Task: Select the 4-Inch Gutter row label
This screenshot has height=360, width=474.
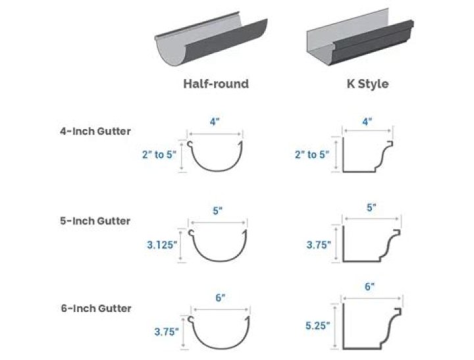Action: [x=95, y=131]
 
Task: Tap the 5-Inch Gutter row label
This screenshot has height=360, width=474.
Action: [x=95, y=220]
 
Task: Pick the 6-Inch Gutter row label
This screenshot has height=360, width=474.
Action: [x=95, y=308]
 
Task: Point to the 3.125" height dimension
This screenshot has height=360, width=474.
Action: [x=161, y=245]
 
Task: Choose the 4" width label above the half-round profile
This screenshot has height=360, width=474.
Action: [x=216, y=122]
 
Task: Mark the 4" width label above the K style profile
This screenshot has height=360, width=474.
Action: [x=367, y=122]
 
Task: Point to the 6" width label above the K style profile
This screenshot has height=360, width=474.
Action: [x=369, y=286]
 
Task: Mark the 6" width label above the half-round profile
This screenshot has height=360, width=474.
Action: [x=220, y=297]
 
